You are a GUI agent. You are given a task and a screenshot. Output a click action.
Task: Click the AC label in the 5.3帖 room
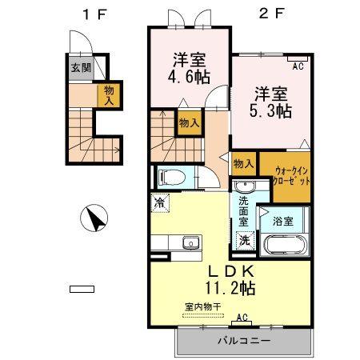[x=298, y=66]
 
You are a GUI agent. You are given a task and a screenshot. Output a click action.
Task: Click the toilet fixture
[x=171, y=177]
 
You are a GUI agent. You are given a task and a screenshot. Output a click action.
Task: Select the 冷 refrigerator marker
[x=160, y=204]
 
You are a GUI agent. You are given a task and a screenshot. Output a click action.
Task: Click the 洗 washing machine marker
[x=244, y=239]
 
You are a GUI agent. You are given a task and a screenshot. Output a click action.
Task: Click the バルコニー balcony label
[x=244, y=342]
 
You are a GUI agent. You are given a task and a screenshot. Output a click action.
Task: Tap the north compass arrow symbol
[x=94, y=218]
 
